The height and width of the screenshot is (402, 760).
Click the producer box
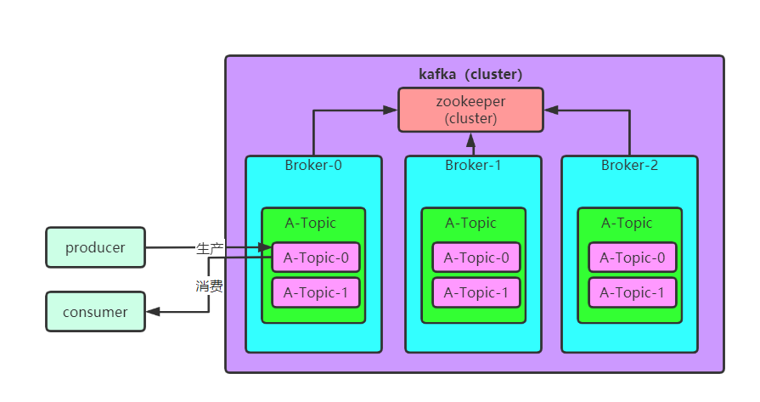pos(95,248)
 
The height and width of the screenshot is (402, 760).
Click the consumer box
pos(95,312)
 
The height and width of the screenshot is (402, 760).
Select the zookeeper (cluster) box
pos(470,110)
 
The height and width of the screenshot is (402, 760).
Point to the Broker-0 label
pos(313,165)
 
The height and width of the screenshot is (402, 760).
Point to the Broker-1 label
pos(473,165)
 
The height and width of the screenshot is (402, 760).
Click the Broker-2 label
pos(629,165)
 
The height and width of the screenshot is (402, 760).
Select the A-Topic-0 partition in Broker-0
pos(316,257)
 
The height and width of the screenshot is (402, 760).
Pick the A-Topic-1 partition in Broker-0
pos(316,292)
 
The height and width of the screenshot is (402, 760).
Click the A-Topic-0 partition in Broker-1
pos(476,257)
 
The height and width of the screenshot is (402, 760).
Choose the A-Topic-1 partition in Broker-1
pos(476,292)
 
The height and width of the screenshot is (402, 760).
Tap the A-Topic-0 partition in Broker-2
pos(633,257)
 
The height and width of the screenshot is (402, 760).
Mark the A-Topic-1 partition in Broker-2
pos(633,292)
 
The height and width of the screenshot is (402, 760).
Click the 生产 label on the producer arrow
pos(210,248)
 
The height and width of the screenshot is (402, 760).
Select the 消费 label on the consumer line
pos(210,286)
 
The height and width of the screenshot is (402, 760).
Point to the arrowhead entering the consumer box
pos(153,312)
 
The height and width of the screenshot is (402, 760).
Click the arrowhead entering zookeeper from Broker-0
pos(391,110)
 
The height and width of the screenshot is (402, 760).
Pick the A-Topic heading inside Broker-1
pos(470,224)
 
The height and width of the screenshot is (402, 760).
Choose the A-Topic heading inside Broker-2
pos(627,224)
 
